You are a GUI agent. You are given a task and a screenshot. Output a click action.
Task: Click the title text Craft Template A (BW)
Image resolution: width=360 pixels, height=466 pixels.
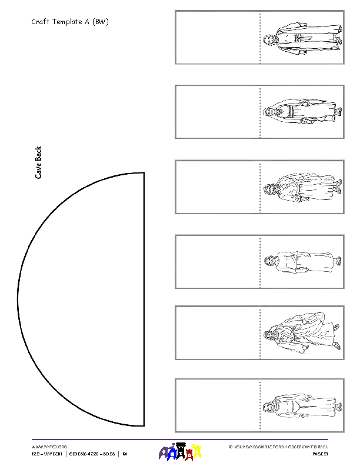(70, 22)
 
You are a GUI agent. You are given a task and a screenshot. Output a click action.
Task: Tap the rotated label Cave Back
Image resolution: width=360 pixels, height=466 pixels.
(39, 162)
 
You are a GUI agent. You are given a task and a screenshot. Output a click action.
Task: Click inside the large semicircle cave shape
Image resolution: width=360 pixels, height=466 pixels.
(88, 300)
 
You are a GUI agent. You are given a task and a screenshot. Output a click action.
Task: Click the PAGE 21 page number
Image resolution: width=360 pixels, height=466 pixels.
(320, 454)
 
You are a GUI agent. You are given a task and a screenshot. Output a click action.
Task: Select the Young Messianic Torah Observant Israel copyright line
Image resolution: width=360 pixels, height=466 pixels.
(278, 447)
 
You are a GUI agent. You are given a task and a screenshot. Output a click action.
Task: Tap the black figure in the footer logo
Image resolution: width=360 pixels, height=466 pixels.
(181, 451)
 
